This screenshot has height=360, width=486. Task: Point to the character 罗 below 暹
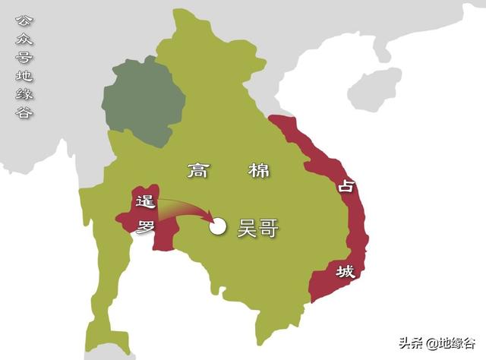click(147, 226)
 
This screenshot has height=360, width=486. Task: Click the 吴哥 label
click(257, 226)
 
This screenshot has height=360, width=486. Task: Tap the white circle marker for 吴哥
click(219, 226)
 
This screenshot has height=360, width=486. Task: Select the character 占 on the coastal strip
click(346, 185)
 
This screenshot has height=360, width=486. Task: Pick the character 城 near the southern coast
click(346, 271)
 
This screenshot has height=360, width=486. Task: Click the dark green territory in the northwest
click(144, 99)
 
